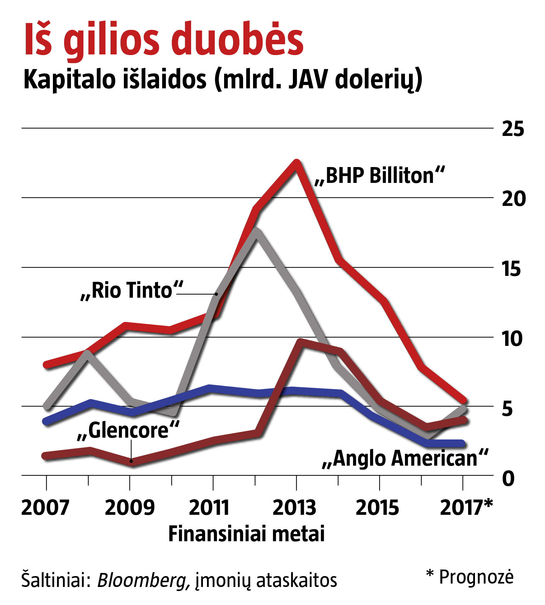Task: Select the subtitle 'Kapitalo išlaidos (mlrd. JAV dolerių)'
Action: (223, 80)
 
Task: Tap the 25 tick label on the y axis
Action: (513, 129)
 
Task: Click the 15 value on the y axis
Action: (511, 268)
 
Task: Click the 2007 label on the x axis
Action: (45, 508)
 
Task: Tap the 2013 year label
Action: (294, 508)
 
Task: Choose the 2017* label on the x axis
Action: (466, 508)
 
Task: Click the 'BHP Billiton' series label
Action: (380, 176)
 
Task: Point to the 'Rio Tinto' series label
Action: (132, 290)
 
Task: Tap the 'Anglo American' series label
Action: (405, 458)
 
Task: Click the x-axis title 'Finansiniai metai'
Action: (247, 534)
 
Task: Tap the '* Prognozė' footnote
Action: (469, 577)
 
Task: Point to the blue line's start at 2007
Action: (47, 421)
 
